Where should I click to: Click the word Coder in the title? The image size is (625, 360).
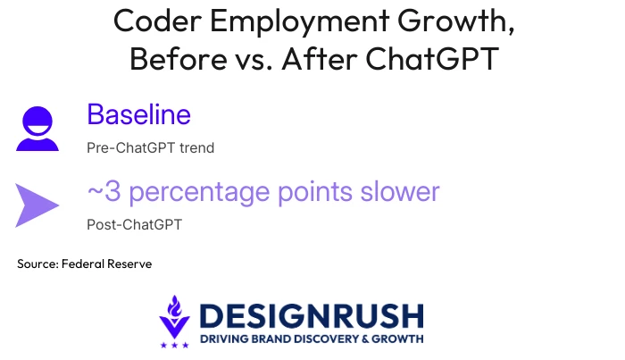(x=157, y=21)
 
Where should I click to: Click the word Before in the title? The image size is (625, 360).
(x=179, y=59)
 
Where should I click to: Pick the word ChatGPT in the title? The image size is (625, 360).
(x=432, y=59)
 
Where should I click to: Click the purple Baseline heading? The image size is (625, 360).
(x=138, y=114)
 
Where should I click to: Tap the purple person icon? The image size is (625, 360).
(x=37, y=129)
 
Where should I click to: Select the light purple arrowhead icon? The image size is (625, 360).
(x=37, y=205)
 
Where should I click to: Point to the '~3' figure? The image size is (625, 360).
(x=104, y=191)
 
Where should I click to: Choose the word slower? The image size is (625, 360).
(x=400, y=191)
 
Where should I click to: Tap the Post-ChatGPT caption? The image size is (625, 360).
(x=134, y=224)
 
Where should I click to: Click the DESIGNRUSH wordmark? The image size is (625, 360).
(x=312, y=315)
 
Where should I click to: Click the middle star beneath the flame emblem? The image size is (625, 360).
(x=175, y=345)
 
